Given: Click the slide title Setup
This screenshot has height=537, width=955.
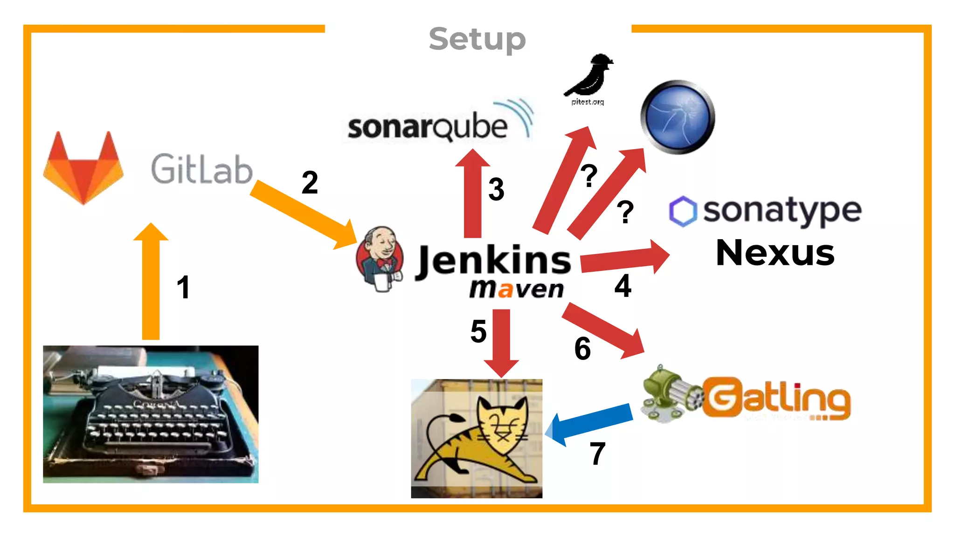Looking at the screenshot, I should [477, 39].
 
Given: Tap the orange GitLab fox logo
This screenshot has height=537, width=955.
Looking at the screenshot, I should [83, 168].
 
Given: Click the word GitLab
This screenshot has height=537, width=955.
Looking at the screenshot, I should [201, 169].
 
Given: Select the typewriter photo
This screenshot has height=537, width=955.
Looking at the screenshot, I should [151, 414].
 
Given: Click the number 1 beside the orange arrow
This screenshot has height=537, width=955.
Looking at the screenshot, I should [183, 287].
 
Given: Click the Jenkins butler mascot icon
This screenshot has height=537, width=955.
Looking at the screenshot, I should [380, 259].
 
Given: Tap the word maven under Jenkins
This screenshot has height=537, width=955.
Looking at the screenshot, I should [517, 289].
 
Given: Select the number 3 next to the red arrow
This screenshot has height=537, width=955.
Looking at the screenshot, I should [496, 190].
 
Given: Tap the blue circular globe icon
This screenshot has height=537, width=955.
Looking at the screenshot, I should [678, 117].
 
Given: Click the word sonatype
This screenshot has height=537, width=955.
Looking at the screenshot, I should [782, 211].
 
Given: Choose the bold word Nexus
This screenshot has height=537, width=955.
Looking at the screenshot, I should [775, 253].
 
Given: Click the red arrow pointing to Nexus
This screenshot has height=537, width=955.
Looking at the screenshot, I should [625, 259].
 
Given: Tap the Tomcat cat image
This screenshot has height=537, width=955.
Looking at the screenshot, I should [477, 438].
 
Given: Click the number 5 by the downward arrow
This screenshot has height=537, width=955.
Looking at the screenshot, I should [478, 331].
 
